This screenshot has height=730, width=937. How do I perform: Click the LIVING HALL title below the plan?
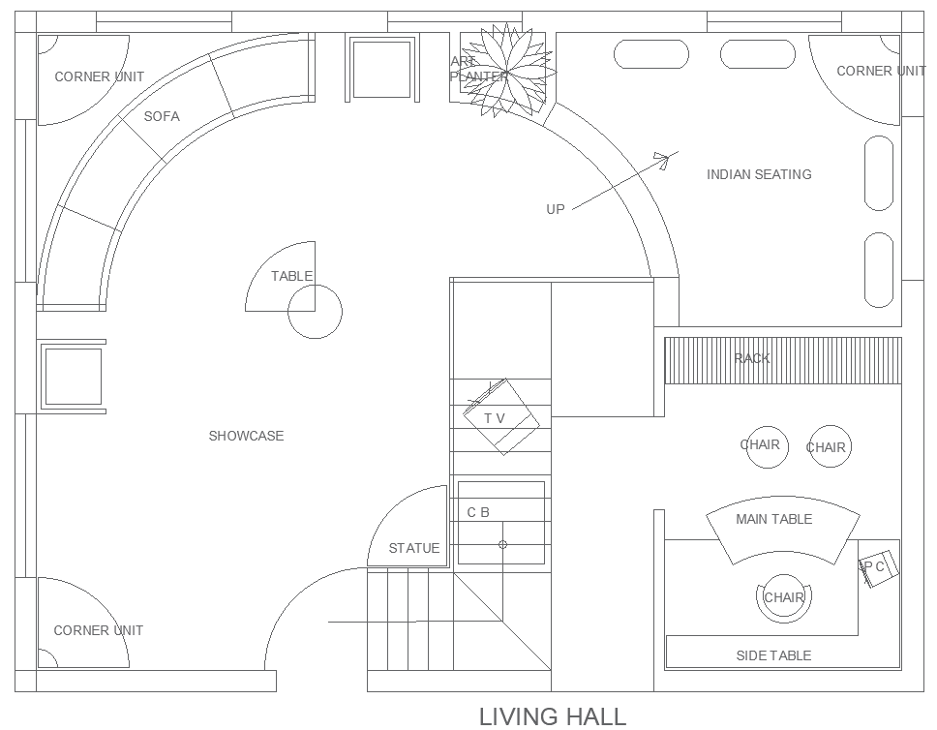pos(553,715)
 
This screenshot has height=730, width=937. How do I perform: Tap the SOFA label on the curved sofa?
pos(162,116)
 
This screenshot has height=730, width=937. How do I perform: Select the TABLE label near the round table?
pos(291,276)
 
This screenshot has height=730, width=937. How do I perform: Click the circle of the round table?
pos(316,312)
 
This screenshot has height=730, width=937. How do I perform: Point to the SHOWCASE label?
pos(246,436)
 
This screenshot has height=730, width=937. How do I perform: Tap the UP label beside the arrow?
pos(556,209)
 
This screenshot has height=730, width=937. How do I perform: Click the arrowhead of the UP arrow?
pos(663,159)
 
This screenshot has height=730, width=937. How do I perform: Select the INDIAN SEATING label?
pos(759,174)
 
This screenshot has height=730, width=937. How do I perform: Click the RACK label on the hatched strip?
pos(752,358)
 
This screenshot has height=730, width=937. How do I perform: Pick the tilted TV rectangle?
pos(499,417)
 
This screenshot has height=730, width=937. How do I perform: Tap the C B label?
pos(478,512)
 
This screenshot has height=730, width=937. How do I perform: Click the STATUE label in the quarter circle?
pos(414,548)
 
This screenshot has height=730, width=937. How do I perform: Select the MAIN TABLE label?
pos(773,519)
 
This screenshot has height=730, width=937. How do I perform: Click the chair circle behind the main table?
pos(783,597)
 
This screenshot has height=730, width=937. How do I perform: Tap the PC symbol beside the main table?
pos(879,568)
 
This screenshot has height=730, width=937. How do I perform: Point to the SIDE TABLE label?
pos(773,655)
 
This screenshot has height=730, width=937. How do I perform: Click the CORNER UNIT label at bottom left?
pos(98,630)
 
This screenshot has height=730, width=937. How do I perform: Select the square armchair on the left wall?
pos(72,377)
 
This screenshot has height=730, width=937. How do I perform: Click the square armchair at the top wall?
pos(381,70)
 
